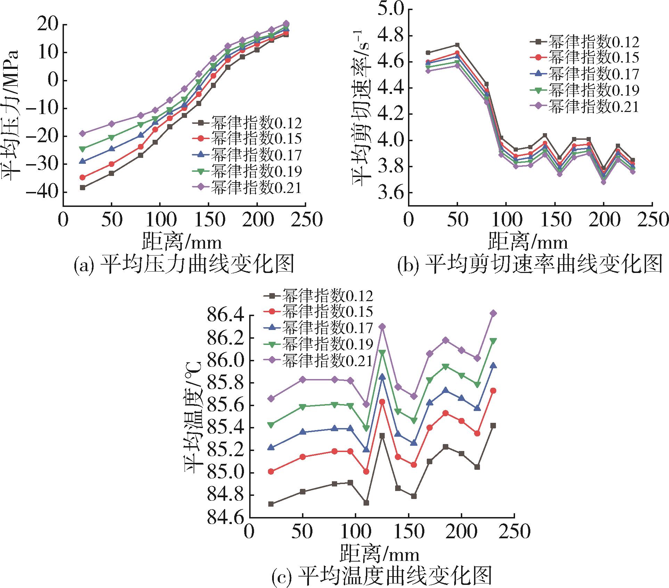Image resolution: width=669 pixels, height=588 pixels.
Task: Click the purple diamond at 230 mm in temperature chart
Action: (493, 313)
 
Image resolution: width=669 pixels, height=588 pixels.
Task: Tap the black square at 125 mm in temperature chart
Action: (382, 435)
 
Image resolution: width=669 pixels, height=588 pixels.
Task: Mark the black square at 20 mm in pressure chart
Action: (82, 187)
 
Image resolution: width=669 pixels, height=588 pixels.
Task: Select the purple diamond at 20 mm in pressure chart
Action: (82, 133)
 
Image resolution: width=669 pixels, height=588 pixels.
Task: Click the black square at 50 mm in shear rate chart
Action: (457, 45)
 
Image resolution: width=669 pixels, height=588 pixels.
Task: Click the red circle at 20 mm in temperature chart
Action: (271, 472)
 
